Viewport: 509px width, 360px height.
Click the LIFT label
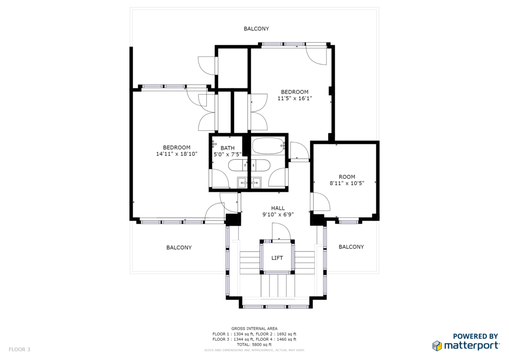(x=277, y=258)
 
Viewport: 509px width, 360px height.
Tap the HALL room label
(x=278, y=208)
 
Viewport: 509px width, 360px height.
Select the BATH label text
(x=228, y=148)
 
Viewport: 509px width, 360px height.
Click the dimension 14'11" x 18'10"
(x=177, y=154)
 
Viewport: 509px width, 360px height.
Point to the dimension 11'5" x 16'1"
(x=295, y=98)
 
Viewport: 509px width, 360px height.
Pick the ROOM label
(x=347, y=177)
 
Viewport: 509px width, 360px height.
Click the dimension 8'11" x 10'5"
(x=347, y=183)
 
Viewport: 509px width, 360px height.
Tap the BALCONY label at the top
(x=256, y=28)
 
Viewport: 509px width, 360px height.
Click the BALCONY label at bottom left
(x=179, y=247)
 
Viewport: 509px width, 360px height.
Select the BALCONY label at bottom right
(x=351, y=247)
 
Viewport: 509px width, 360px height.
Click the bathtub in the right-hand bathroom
(x=268, y=146)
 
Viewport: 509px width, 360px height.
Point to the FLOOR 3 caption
(x=19, y=349)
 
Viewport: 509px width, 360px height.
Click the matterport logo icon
(x=437, y=346)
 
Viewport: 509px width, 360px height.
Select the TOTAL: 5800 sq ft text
(x=254, y=345)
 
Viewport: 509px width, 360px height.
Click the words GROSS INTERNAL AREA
(x=254, y=329)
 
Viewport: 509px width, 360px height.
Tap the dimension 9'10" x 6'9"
(x=278, y=214)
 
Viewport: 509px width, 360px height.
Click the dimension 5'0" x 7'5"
(x=228, y=154)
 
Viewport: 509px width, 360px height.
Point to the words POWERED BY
(x=475, y=336)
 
